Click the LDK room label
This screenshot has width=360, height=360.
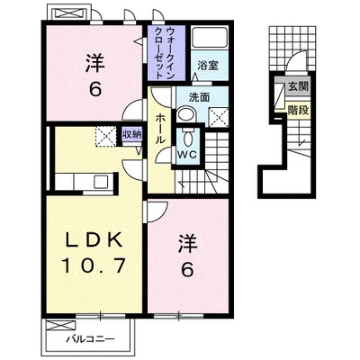coord(94,239)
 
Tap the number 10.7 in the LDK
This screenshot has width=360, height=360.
coord(93,265)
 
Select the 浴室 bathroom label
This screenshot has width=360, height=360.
coord(208,66)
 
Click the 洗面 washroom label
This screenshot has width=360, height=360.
coord(199,97)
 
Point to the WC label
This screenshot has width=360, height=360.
coord(187,155)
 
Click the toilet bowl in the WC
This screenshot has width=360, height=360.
coord(188,138)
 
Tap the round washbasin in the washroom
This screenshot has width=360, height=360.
coord(186,114)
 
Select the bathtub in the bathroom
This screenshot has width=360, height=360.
coord(210,37)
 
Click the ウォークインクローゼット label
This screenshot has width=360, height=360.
coord(165,53)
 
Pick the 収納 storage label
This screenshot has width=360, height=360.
coord(132,134)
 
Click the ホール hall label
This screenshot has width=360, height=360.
coord(160,129)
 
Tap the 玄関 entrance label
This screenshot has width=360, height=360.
coord(298,86)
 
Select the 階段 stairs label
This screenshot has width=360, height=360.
coord(298,111)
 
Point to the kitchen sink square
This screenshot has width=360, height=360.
coord(101,182)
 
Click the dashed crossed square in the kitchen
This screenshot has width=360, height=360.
coord(105,137)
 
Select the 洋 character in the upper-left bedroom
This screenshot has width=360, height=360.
coord(95,63)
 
